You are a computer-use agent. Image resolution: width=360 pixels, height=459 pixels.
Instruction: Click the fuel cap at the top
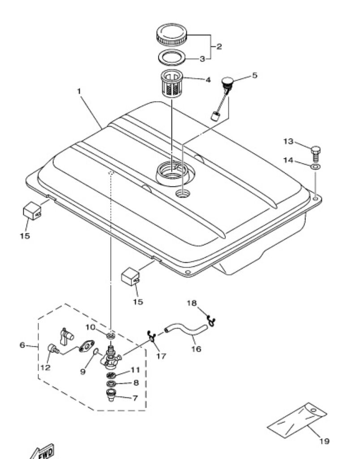click(x=171, y=35)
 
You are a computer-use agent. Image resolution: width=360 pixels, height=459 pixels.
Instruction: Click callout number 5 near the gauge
click(x=254, y=75)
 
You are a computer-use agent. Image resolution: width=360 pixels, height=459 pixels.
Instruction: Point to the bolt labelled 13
click(x=315, y=153)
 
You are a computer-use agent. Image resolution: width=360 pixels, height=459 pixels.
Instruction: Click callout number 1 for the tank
click(x=79, y=91)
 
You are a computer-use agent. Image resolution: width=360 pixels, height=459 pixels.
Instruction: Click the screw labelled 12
click(x=53, y=348)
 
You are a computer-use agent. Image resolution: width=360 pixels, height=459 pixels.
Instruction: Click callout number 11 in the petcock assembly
click(x=135, y=370)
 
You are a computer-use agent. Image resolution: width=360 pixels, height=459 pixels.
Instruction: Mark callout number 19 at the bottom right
click(x=324, y=441)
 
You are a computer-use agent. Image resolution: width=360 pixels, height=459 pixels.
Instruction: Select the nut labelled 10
click(x=111, y=335)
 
